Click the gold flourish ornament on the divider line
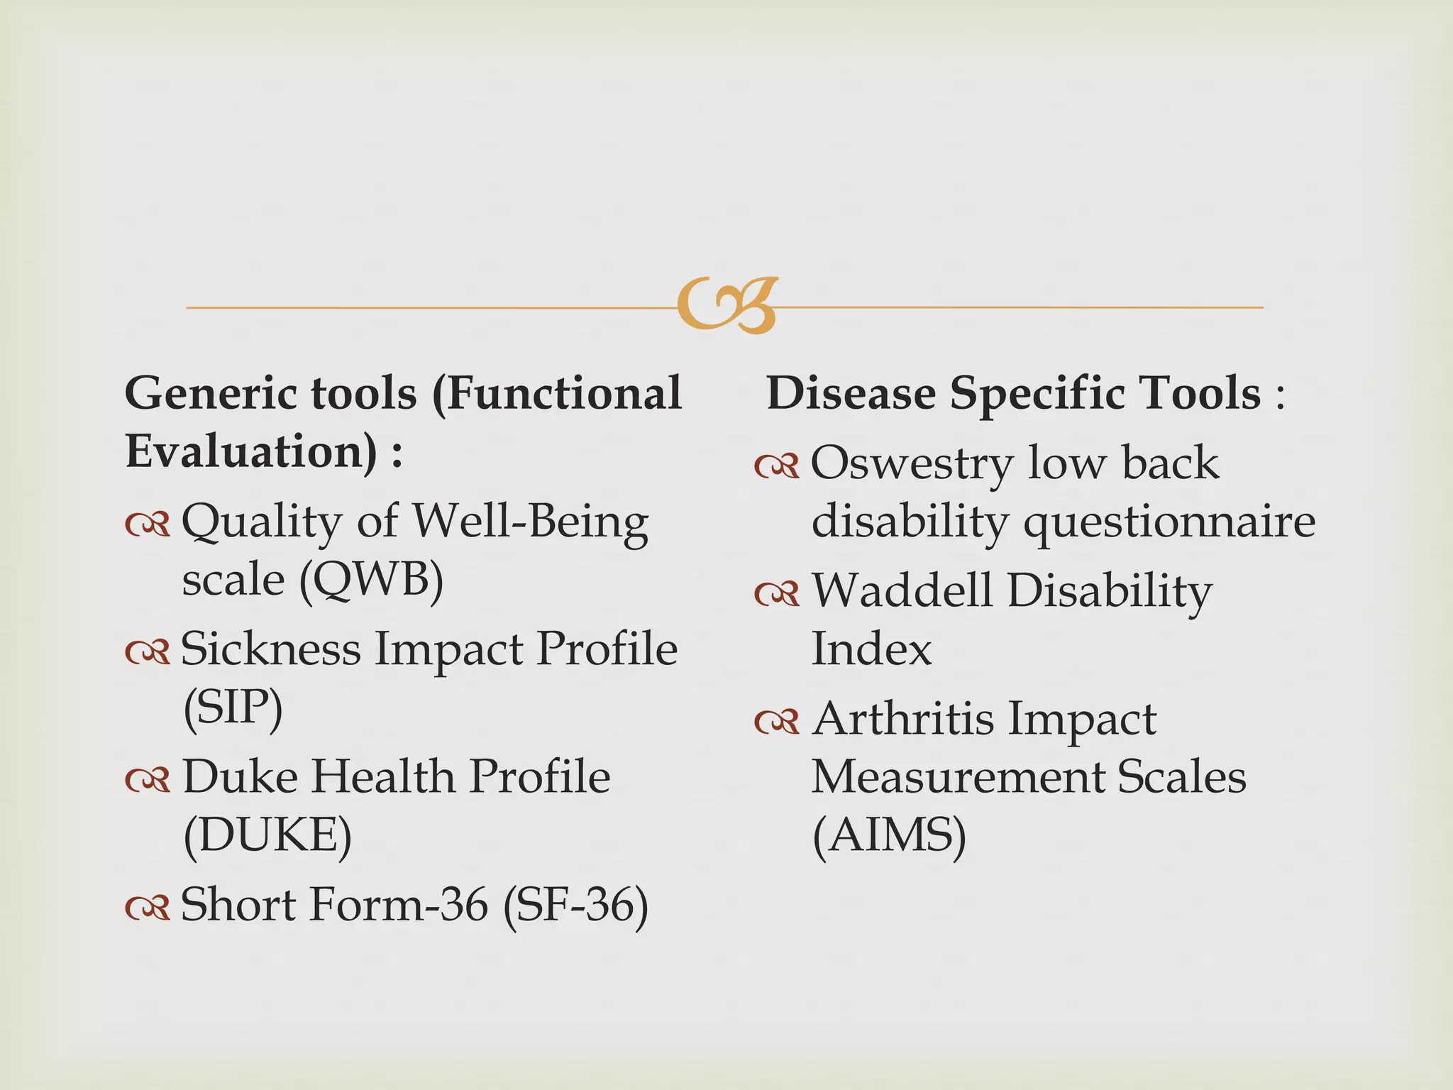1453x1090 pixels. tap(727, 305)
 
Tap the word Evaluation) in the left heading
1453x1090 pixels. tap(251, 451)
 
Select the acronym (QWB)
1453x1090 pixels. tap(372, 580)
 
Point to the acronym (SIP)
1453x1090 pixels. tap(233, 708)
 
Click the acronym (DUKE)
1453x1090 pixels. tap(267, 835)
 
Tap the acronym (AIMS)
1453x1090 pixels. tap(889, 835)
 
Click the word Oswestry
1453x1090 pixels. tap(912, 463)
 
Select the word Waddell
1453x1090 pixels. tap(902, 590)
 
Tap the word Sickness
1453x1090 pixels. tap(270, 649)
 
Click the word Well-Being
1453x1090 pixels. tap(531, 522)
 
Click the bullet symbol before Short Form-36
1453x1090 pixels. tap(148, 907)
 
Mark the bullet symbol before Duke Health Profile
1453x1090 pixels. tap(148, 779)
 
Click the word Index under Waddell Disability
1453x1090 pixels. tap(871, 649)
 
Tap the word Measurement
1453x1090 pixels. tap(957, 777)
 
